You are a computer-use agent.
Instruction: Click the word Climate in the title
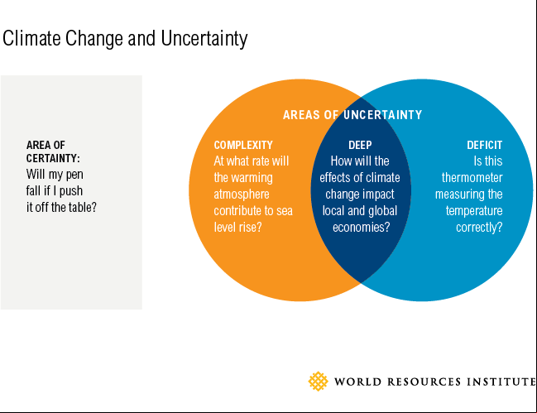(31, 38)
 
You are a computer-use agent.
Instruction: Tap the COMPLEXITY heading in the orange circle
(243, 145)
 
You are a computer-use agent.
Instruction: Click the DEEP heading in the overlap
(360, 145)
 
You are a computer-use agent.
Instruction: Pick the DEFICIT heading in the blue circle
(485, 145)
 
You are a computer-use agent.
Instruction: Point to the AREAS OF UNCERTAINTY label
(352, 115)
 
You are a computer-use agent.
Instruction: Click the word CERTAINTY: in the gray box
(53, 159)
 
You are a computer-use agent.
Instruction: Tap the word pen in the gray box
(74, 175)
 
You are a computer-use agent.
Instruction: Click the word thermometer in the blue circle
(472, 178)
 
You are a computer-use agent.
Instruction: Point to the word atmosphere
(242, 194)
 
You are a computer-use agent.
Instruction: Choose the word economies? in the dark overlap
(362, 228)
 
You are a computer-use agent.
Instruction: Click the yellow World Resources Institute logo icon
(319, 382)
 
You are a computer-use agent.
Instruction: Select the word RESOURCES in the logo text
(424, 382)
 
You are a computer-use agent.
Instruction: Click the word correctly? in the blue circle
(479, 228)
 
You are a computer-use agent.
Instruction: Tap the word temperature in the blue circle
(474, 211)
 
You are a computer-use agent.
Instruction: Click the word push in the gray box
(71, 191)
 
